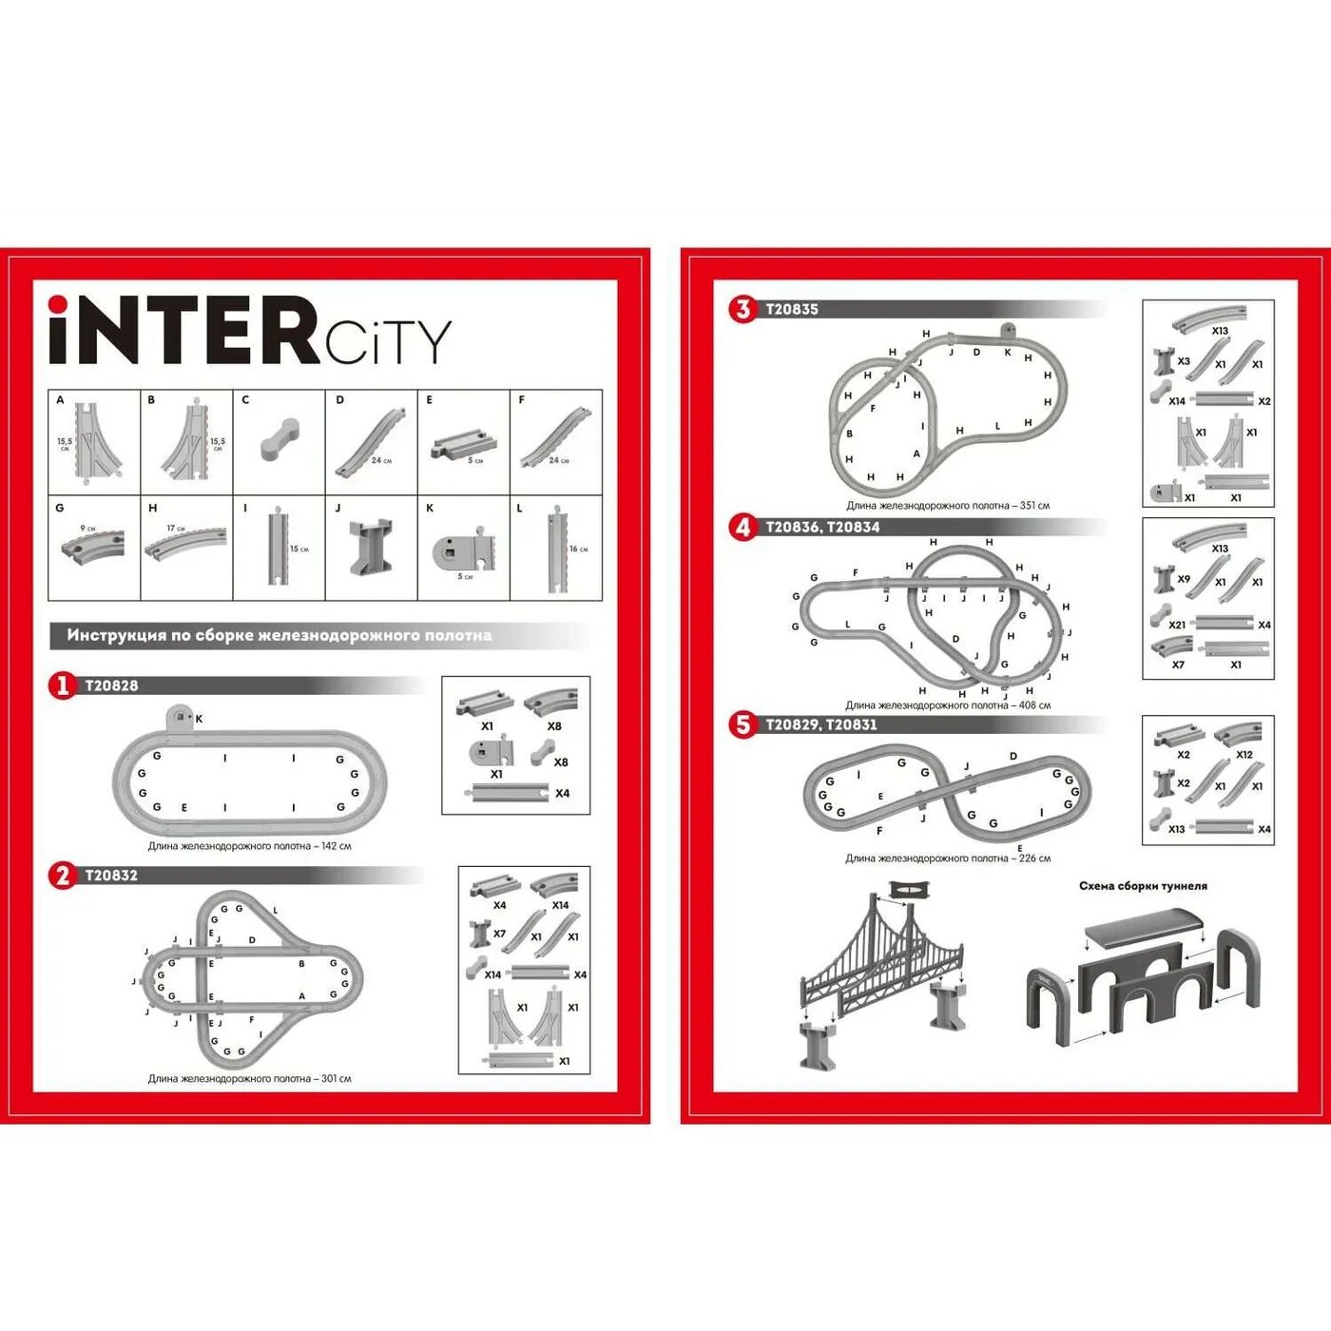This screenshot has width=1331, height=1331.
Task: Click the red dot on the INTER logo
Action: click(58, 304)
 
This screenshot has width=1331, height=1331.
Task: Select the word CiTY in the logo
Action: click(388, 342)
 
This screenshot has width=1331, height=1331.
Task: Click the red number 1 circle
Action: click(63, 685)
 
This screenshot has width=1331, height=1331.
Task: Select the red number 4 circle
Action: click(743, 527)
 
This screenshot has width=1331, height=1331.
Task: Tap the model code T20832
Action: click(111, 876)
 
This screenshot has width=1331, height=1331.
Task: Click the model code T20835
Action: click(792, 309)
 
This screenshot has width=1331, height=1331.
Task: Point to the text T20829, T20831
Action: click(821, 724)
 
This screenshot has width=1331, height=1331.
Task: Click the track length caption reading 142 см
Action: click(249, 846)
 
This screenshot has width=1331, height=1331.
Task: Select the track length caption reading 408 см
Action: click(947, 705)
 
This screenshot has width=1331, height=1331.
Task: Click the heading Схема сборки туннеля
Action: click(1143, 886)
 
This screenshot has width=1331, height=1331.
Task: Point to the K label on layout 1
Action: click(199, 719)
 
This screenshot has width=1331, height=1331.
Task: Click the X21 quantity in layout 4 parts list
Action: click(1177, 625)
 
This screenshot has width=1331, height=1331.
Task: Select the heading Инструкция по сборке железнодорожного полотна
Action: click(279, 635)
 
